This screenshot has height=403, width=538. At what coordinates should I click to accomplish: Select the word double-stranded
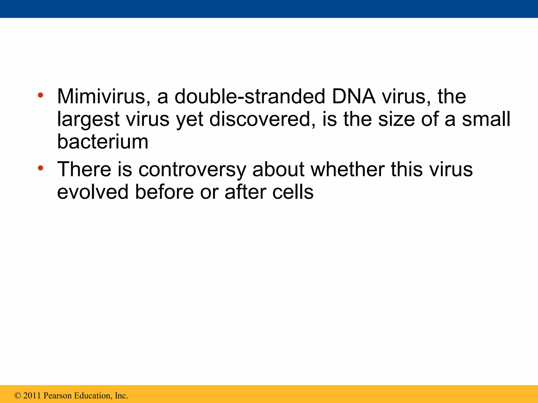(x=250, y=97)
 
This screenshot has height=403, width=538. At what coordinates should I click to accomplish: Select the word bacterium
(x=103, y=142)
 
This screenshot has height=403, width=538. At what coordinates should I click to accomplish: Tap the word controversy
(x=192, y=169)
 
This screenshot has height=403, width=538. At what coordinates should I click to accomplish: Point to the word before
(x=164, y=192)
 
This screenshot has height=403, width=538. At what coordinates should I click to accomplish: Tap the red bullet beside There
(x=40, y=168)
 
